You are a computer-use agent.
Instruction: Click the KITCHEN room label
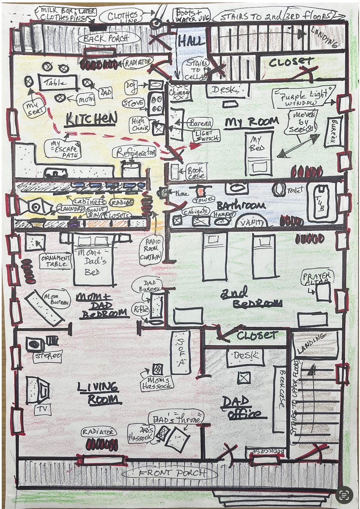pos(91,120)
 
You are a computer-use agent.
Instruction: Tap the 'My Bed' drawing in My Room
pos(258,153)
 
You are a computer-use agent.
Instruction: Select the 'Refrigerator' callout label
pos(134,152)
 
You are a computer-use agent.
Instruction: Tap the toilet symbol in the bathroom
pos(279,190)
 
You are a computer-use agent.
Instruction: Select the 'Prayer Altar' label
pos(317,278)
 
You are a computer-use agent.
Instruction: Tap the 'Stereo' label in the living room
pos(48,356)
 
